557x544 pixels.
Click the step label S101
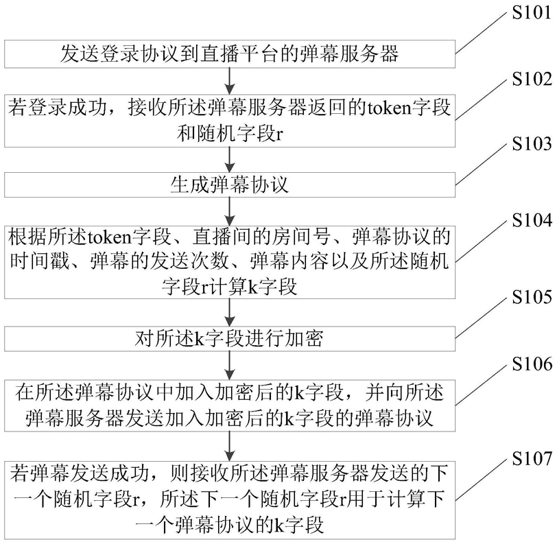(532, 13)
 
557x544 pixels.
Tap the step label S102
(532, 79)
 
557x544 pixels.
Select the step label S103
(532, 144)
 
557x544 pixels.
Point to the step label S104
(532, 220)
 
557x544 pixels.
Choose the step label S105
(532, 296)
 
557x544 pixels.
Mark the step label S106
(532, 364)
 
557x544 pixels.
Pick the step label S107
(532, 458)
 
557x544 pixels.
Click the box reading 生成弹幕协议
(230, 185)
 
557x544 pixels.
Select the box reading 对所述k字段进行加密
(230, 339)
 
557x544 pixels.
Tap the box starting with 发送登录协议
(230, 54)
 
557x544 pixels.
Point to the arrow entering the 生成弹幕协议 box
(230, 160)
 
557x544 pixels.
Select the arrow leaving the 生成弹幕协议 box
(230, 211)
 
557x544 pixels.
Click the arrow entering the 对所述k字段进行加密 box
(230, 313)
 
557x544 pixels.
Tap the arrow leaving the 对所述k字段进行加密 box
(230, 366)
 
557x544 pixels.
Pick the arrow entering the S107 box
(230, 447)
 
